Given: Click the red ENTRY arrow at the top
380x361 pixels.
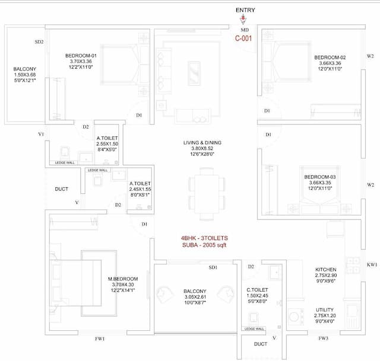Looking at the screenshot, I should pos(242,19).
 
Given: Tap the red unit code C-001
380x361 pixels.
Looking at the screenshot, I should pos(245,38).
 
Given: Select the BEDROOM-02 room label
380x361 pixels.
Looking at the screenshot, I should pos(330,57).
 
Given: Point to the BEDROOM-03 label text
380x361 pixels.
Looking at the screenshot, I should pos(320,177).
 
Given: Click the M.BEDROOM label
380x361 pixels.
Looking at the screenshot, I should pos(123,279).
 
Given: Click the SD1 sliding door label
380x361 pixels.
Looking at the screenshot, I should pos(213,268).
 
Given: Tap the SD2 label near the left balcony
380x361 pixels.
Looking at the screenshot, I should pos(39,42).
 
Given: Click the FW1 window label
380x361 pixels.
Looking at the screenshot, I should pos(100,339).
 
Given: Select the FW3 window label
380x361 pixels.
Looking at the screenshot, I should pos(324,339).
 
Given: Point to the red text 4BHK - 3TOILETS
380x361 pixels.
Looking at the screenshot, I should pos(204,238).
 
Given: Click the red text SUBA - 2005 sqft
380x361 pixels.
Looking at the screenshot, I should pos(204,245).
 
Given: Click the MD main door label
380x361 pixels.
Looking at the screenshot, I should pos(245,30).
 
